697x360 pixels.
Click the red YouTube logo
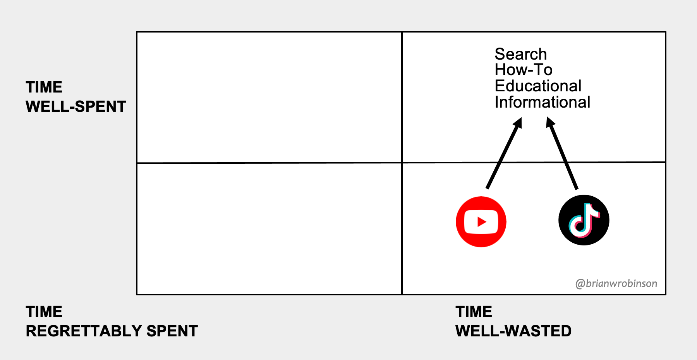(x=481, y=222)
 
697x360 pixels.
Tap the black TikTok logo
(x=584, y=220)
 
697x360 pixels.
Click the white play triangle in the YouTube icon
(x=482, y=222)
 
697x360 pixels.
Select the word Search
(x=520, y=54)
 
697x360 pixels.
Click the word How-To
(x=523, y=70)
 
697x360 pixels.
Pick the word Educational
(x=538, y=86)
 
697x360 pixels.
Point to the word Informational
(x=542, y=102)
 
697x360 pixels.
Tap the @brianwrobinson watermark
(x=616, y=284)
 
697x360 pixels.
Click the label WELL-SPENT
(x=76, y=106)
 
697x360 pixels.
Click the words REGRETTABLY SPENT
(x=112, y=331)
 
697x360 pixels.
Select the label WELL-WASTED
(x=513, y=331)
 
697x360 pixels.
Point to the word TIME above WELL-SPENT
(x=44, y=87)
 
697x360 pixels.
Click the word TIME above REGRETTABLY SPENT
(x=44, y=312)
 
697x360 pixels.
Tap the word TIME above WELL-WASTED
(x=474, y=312)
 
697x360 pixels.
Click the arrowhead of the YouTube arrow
(x=518, y=123)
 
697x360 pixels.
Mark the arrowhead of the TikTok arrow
(x=550, y=123)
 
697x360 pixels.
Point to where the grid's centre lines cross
(x=402, y=163)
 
